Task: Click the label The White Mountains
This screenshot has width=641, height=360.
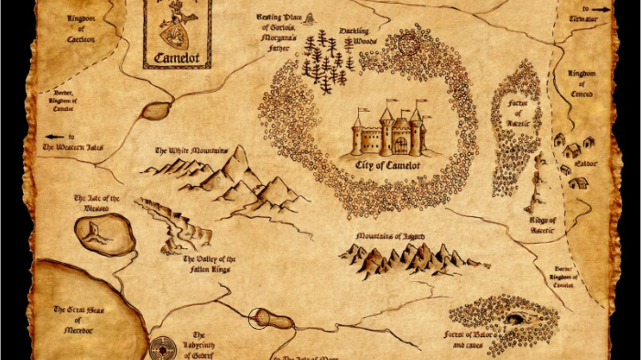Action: click(x=191, y=150)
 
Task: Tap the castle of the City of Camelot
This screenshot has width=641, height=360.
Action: click(x=391, y=132)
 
